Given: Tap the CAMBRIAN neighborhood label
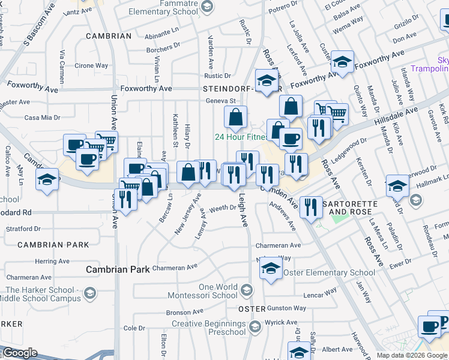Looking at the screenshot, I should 108,36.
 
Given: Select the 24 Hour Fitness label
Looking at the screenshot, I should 241,137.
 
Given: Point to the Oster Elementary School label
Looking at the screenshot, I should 329,272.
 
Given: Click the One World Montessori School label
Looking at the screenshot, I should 209,291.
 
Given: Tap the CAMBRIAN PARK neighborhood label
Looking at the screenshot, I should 53,245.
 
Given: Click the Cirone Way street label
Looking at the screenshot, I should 91,65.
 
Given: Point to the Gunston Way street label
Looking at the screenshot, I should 287,308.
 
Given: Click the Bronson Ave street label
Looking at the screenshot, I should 185,313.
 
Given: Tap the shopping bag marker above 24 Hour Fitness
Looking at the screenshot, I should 236,117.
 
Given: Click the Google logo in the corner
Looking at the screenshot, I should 20,353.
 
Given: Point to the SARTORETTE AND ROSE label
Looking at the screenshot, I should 350,208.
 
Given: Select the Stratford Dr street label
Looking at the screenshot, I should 23,229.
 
